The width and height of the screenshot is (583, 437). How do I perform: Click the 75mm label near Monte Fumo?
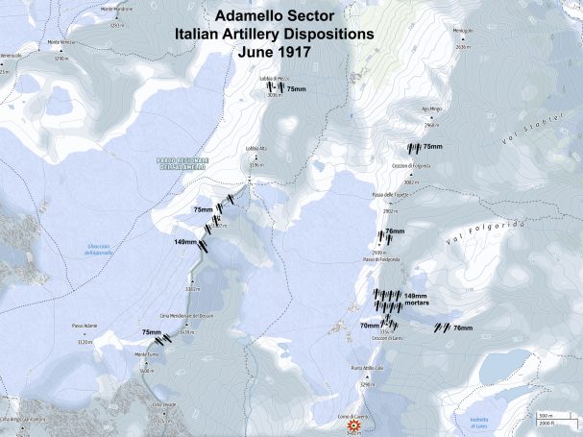pyautogui.click(x=152, y=332)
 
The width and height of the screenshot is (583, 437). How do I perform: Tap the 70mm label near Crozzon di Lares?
pyautogui.click(x=369, y=326)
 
